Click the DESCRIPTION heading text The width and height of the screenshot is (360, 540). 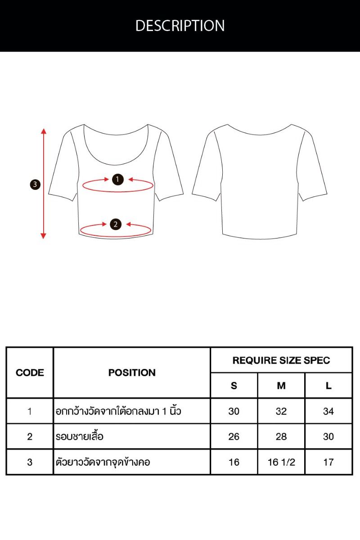pos(180,26)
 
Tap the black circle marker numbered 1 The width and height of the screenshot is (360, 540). pos(117,180)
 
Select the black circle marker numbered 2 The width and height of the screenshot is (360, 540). pos(116,225)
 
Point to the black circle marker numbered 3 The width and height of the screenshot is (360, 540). pos(35,184)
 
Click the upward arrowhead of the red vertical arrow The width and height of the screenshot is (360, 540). pos(43,131)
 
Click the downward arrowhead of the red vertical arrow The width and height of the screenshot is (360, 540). pos(43,236)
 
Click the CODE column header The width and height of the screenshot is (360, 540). pos(30,373)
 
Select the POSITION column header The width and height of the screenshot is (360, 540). pos(132,373)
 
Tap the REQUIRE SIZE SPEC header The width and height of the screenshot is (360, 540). pos(281,360)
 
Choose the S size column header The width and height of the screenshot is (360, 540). pos(234,386)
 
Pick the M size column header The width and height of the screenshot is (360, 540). pos(281,386)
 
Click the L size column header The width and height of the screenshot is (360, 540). pos(328,386)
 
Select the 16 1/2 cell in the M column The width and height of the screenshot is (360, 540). pos(281,462)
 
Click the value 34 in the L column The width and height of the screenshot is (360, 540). pos(328,411)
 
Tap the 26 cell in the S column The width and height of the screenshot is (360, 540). pos(234,436)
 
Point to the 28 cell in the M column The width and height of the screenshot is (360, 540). pos(281,436)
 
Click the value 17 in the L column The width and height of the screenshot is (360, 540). pos(328,462)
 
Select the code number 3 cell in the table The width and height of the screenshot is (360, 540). pos(30,462)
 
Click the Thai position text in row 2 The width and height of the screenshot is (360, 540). pos(79,436)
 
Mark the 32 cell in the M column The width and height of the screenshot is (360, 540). pos(281,411)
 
